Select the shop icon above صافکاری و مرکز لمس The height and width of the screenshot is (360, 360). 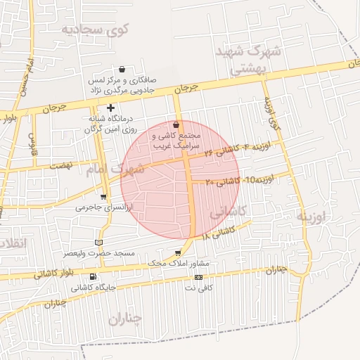123,69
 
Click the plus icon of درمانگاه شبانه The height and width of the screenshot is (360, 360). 110,107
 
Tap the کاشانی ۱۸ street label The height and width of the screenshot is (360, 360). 215,233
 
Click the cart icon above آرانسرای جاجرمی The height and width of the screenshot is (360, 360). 104,197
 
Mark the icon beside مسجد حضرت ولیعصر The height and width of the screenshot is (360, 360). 108,242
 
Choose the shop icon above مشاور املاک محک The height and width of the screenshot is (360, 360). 178,251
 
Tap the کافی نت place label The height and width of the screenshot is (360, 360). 203,288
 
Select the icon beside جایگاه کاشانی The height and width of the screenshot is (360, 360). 94,276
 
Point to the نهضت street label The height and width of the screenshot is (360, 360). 62,164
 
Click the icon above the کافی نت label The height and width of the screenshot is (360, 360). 198,277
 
